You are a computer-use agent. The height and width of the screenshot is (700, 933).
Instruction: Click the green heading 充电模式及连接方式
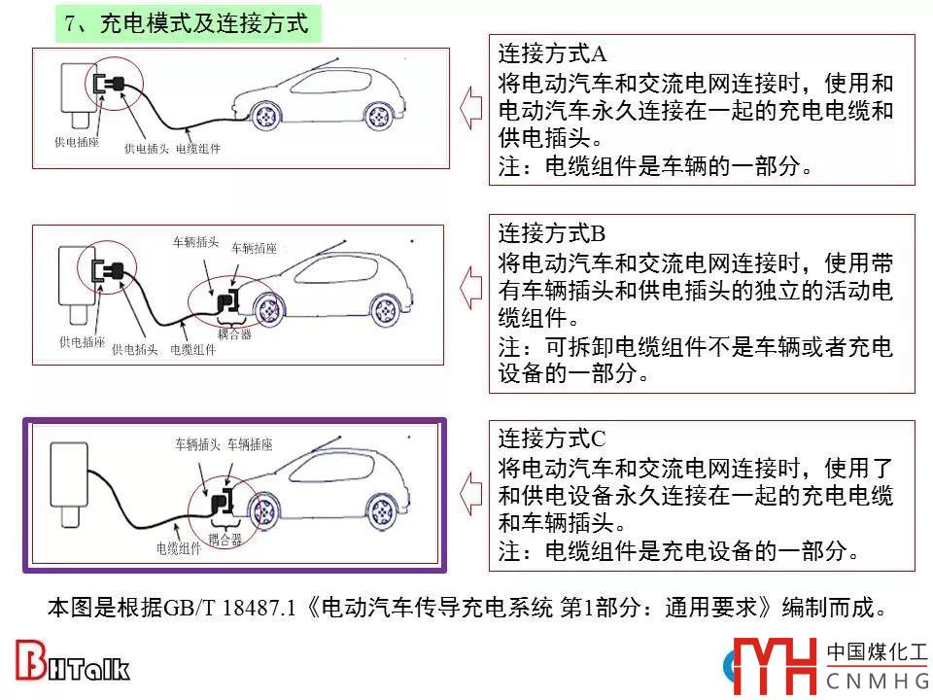203,23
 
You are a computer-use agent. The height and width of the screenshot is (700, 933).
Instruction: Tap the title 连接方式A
552,53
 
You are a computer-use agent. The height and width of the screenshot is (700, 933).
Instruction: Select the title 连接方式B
552,233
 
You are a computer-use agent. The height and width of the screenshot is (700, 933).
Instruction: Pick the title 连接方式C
552,438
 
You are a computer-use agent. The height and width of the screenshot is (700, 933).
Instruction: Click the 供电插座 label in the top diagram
77,142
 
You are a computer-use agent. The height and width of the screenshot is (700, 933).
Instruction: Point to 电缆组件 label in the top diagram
198,148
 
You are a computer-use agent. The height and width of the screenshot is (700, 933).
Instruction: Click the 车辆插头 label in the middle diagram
195,242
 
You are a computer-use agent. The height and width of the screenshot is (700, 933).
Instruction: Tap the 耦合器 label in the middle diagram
234,333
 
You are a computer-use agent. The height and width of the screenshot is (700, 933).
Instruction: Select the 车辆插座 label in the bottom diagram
250,444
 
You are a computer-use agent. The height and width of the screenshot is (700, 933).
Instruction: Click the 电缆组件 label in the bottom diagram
179,547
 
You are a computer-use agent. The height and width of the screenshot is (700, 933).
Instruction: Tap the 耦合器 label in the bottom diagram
225,540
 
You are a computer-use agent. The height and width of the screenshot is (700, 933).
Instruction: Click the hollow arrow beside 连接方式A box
470,108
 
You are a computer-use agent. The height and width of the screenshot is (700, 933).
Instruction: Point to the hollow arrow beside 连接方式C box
470,494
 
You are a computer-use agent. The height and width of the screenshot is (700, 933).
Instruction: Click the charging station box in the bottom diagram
70,474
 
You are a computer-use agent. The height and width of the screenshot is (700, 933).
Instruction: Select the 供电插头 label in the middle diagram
135,349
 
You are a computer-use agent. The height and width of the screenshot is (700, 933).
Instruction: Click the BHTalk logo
72,661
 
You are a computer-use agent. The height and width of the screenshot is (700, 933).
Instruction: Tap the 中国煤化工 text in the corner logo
877,651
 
